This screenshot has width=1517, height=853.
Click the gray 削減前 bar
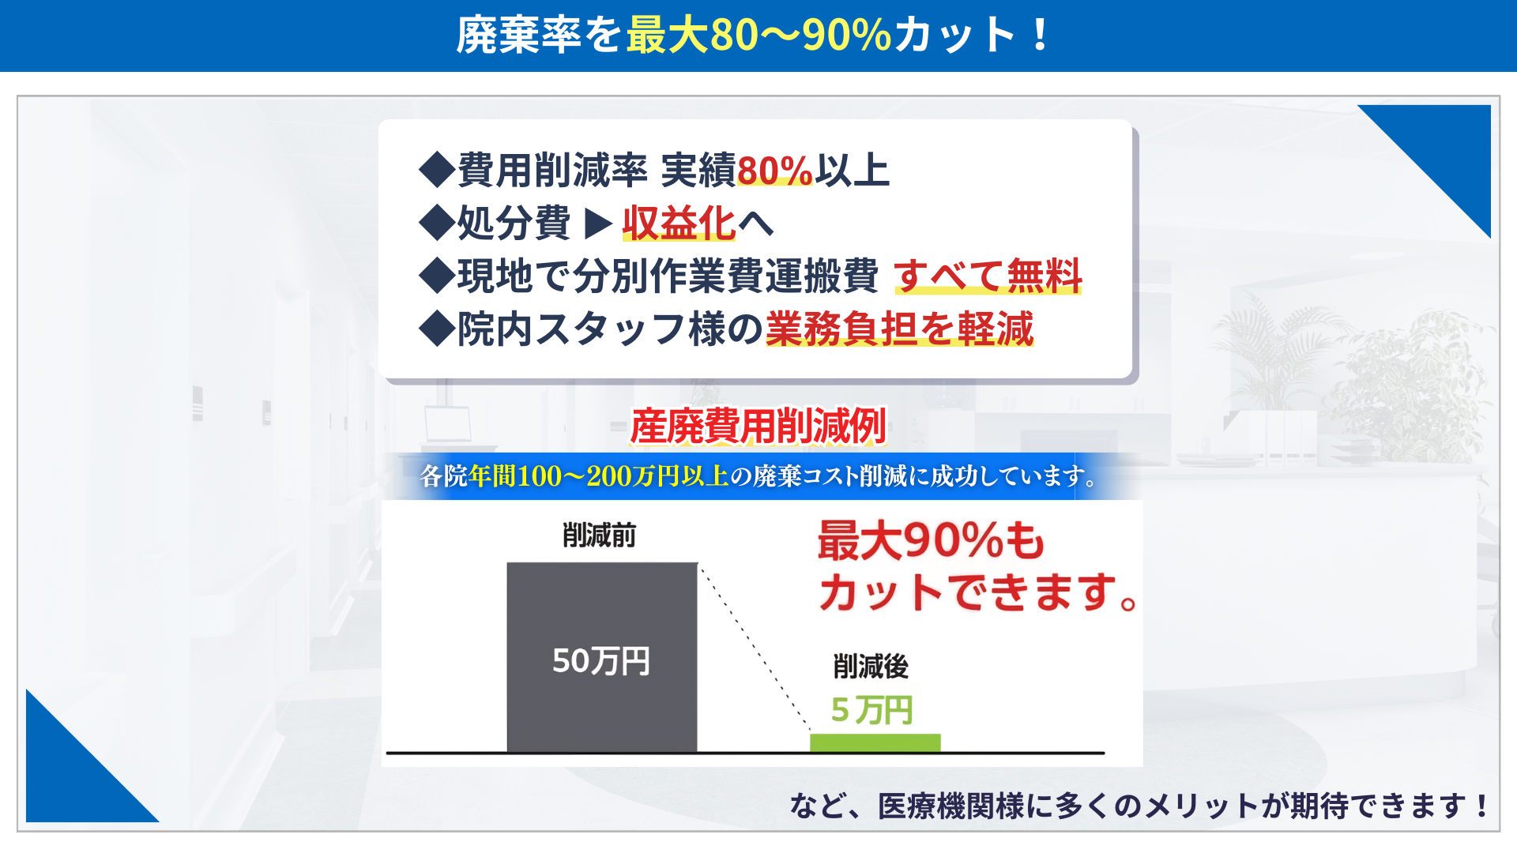point(602,657)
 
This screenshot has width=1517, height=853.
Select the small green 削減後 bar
point(875,743)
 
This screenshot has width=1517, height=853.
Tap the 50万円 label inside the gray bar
point(600,661)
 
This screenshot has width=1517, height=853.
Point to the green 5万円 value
point(871,710)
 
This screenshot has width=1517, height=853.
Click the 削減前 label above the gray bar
point(599,535)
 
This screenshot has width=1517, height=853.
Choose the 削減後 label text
point(871,667)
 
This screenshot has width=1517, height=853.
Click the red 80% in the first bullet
point(774,171)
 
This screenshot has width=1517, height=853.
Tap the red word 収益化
point(679,223)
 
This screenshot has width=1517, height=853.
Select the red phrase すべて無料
point(988,276)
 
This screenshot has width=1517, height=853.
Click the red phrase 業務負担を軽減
point(899,329)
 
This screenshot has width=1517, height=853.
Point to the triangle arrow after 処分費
point(598,224)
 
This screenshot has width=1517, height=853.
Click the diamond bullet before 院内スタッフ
point(437,329)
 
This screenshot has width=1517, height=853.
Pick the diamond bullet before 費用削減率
point(437,171)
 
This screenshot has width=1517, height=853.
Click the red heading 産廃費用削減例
point(758,426)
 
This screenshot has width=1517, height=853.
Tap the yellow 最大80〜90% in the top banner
point(758,36)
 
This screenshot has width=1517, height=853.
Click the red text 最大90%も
point(931,541)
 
